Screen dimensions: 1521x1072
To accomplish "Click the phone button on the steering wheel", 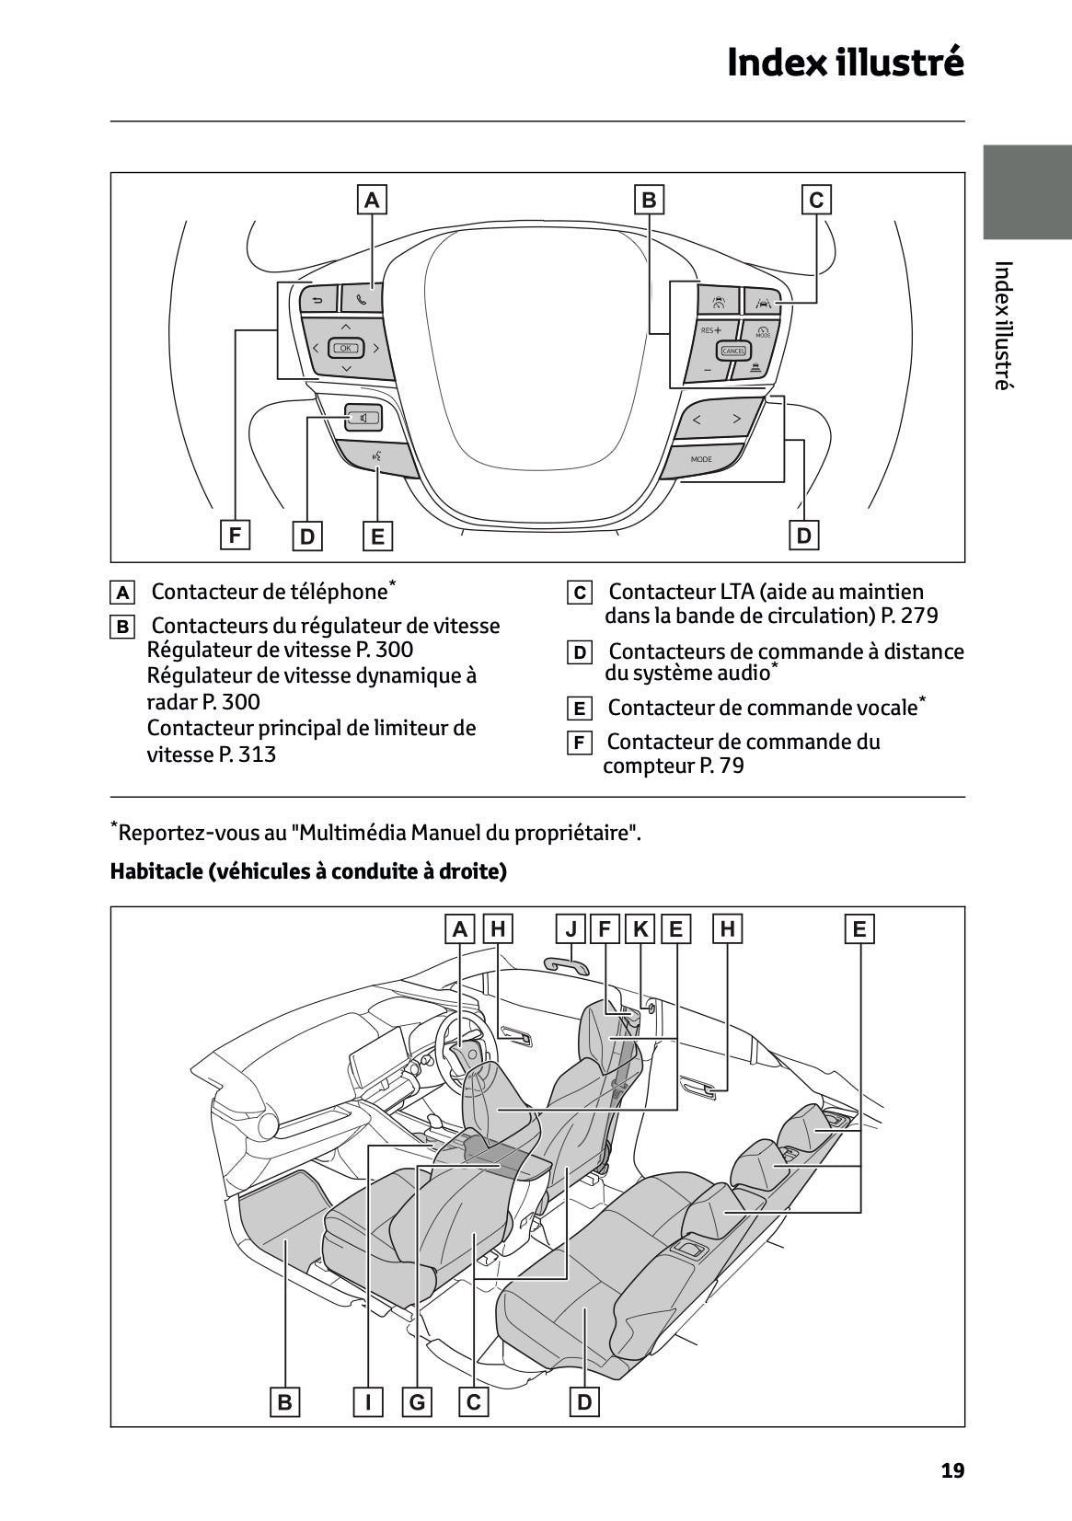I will pyautogui.click(x=362, y=298).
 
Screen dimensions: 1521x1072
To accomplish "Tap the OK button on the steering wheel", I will pyautogui.click(x=346, y=348).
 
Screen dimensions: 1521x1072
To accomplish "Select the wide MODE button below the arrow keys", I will pyautogui.click(x=701, y=458).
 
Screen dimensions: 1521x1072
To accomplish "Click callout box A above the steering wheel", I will pyautogui.click(x=372, y=200).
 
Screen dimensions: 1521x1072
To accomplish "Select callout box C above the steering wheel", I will pyautogui.click(x=816, y=200).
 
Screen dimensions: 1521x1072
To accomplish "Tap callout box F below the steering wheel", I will pyautogui.click(x=236, y=535).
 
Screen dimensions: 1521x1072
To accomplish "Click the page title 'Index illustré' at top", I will pyautogui.click(x=845, y=63).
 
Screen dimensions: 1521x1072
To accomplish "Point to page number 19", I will pyautogui.click(x=952, y=1470).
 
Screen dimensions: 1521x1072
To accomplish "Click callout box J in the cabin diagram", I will pyautogui.click(x=571, y=928).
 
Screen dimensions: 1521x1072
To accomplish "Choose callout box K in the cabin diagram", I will pyautogui.click(x=640, y=928).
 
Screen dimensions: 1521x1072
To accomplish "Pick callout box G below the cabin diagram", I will pyautogui.click(x=418, y=1402).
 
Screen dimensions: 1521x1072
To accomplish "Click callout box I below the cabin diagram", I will pyautogui.click(x=368, y=1402).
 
